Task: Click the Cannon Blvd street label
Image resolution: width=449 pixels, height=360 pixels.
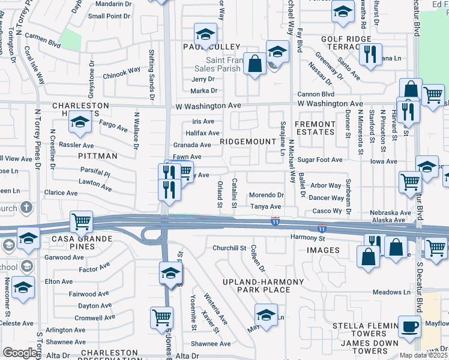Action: coord(316,94)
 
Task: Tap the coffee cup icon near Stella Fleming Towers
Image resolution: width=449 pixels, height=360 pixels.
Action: coord(410,326)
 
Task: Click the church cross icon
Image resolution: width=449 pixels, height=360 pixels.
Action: coord(26,208)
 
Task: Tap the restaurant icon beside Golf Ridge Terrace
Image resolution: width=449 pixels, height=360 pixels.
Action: coord(370,54)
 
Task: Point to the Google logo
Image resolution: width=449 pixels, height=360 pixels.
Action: coord(20,353)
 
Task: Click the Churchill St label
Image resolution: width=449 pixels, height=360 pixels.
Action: coord(229,248)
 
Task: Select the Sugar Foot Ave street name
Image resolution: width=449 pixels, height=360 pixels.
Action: coord(319,160)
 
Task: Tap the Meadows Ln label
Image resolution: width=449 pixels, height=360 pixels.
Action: coord(390,292)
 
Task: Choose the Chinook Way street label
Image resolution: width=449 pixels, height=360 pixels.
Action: coord(122,73)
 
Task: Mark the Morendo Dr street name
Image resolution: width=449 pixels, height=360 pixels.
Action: coord(267,195)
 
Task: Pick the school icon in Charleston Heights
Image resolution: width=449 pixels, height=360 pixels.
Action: coord(79,122)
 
